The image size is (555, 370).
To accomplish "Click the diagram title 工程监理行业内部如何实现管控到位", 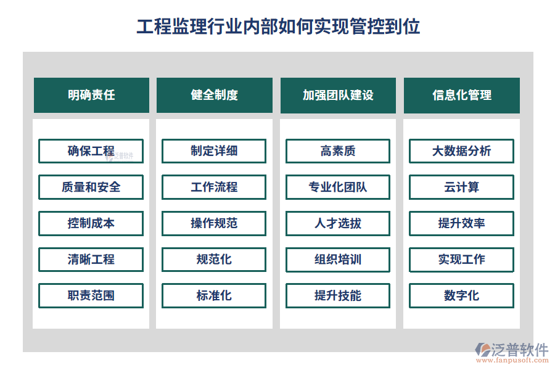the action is pyautogui.click(x=278, y=27).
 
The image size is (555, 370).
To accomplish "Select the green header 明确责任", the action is pyautogui.click(x=91, y=95).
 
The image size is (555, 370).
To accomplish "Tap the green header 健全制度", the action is pyautogui.click(x=215, y=95).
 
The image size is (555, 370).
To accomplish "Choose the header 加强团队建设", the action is pyautogui.click(x=338, y=95).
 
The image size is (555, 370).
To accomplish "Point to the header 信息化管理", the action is pyautogui.click(x=461, y=95).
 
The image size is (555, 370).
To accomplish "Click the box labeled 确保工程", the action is pyautogui.click(x=91, y=151).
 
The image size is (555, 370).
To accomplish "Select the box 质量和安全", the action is pyautogui.click(x=91, y=187).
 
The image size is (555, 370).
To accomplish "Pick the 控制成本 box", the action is pyautogui.click(x=91, y=223).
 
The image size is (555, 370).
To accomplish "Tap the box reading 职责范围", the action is pyautogui.click(x=91, y=295).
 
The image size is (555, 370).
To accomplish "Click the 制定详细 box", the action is pyautogui.click(x=214, y=151).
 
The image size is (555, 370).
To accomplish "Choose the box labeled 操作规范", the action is pyautogui.click(x=214, y=223).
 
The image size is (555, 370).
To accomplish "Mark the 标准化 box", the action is pyautogui.click(x=214, y=295).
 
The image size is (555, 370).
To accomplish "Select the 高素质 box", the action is pyautogui.click(x=338, y=151).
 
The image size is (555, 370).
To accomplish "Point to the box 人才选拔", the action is pyautogui.click(x=338, y=223).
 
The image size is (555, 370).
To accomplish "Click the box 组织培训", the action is pyautogui.click(x=338, y=260).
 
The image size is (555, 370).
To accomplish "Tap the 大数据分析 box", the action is pyautogui.click(x=461, y=151).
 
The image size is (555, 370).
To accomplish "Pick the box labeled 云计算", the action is pyautogui.click(x=461, y=187).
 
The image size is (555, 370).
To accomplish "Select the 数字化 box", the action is pyautogui.click(x=461, y=295).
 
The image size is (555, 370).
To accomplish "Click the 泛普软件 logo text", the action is pyautogui.click(x=520, y=350).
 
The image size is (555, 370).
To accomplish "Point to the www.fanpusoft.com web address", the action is pyautogui.click(x=512, y=360).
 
